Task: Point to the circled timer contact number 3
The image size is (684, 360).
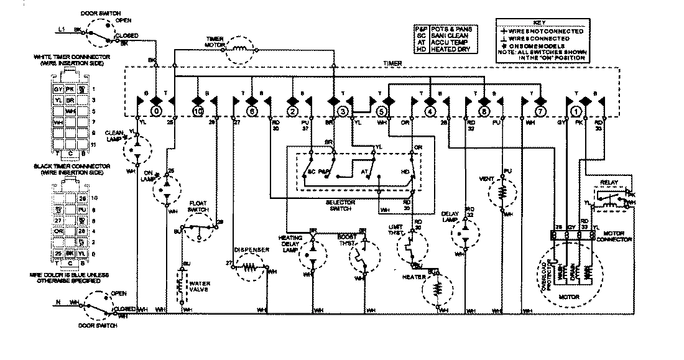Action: tap(343, 111)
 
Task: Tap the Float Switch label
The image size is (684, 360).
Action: tap(198, 206)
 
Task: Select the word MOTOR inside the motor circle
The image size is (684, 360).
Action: tap(569, 297)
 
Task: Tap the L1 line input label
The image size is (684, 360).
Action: tap(61, 29)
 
